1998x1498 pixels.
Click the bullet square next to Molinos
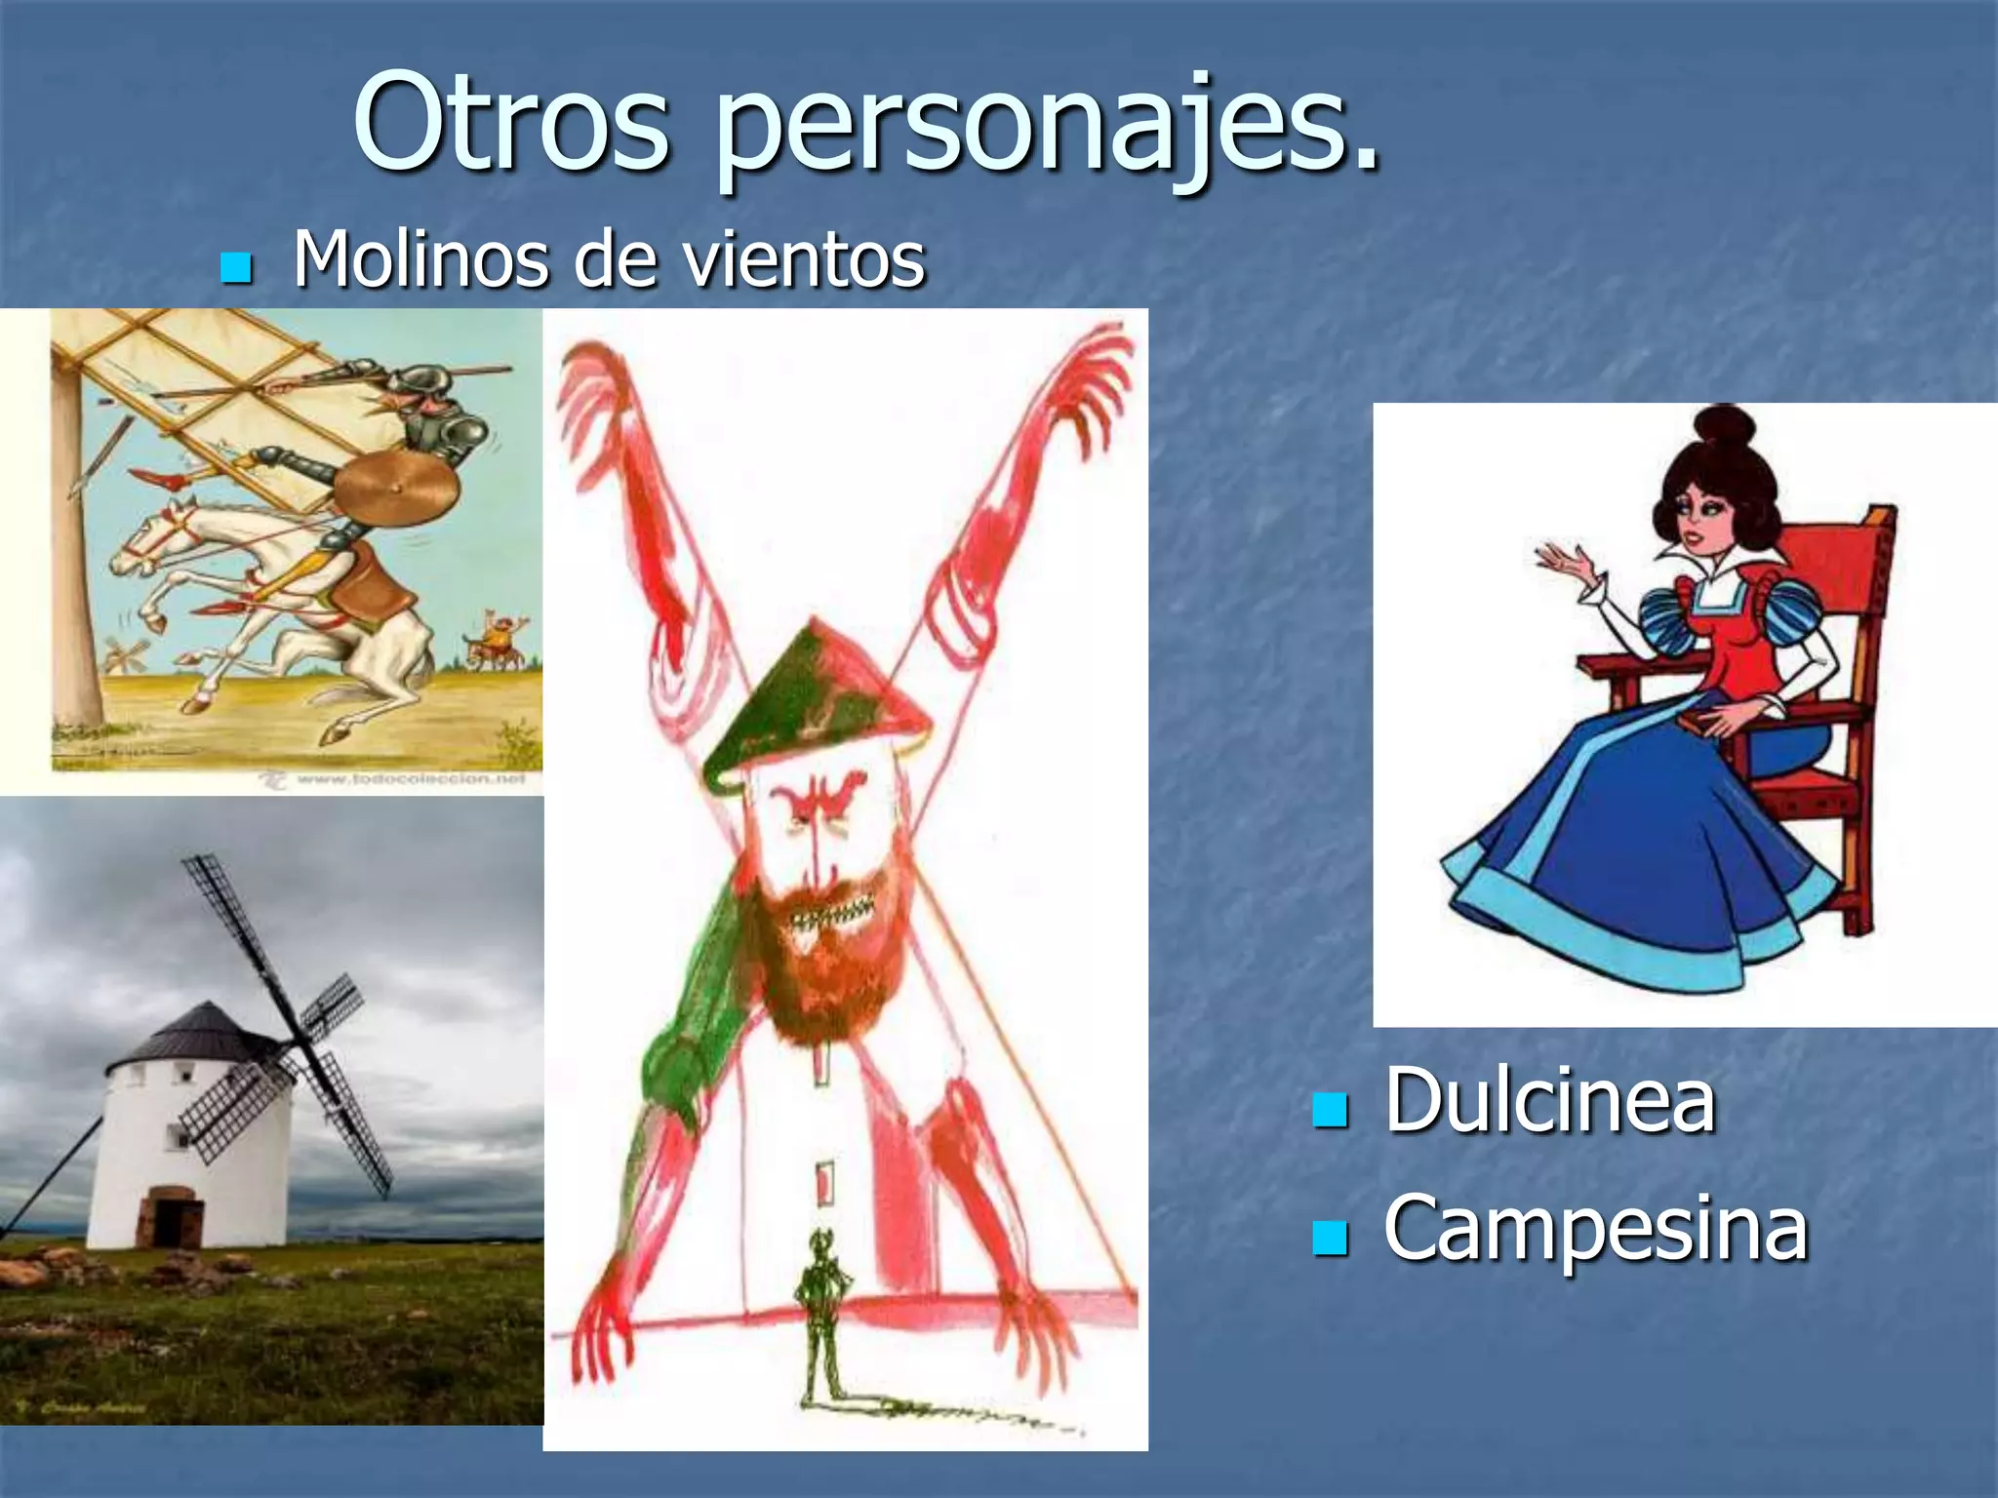[236, 267]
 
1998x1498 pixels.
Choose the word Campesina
[1595, 1228]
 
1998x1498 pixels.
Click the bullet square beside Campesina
[1329, 1237]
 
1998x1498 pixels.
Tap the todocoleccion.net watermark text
[410, 778]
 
